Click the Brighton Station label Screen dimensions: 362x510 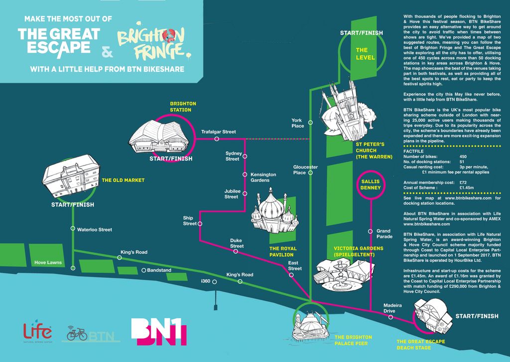pyautogui.click(x=183, y=107)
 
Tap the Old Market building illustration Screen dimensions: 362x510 pyautogui.click(x=71, y=174)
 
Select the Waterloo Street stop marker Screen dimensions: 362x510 pyautogui.click(x=73, y=229)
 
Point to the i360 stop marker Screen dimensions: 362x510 pyautogui.click(x=215, y=282)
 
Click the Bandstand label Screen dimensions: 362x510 pyautogui.click(x=159, y=270)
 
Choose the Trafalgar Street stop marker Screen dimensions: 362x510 pyautogui.click(x=217, y=139)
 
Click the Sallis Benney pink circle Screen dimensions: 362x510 pyautogui.click(x=371, y=184)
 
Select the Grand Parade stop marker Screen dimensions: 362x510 pyautogui.click(x=370, y=231)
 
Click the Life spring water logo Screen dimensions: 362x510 pyautogui.click(x=38, y=332)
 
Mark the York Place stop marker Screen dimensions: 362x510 pyautogui.click(x=310, y=122)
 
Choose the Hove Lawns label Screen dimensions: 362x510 pyautogui.click(x=48, y=262)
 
